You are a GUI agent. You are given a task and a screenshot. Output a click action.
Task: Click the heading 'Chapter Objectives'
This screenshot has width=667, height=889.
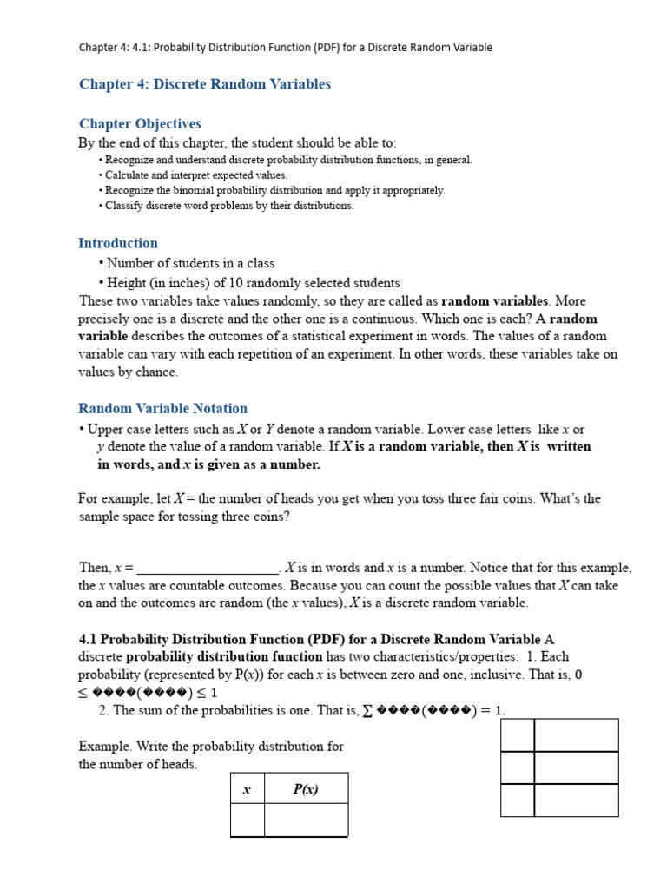pyautogui.click(x=140, y=124)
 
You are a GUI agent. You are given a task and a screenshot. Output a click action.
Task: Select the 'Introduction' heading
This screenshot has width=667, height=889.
pyautogui.click(x=118, y=243)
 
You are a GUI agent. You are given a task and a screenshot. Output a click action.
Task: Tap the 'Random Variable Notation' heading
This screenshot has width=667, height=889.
pyautogui.click(x=162, y=408)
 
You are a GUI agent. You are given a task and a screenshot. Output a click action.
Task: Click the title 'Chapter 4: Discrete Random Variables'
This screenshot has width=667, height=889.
pyautogui.click(x=204, y=84)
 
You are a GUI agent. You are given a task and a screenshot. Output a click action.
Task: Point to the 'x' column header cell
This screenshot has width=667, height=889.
pyautogui.click(x=247, y=789)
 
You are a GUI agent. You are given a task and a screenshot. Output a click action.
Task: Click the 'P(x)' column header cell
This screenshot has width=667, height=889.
pyautogui.click(x=306, y=789)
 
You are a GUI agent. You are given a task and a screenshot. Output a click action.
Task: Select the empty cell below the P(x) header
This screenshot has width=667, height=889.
pyautogui.click(x=306, y=820)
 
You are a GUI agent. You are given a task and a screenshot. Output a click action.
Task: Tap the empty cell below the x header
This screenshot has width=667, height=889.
pyautogui.click(x=247, y=820)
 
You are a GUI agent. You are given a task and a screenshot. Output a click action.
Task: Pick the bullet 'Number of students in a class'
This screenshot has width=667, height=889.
pyautogui.click(x=190, y=263)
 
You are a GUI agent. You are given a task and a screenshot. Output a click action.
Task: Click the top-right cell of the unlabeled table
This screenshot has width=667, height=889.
pyautogui.click(x=576, y=734)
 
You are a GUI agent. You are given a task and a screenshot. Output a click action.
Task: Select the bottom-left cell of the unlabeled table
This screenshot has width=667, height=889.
pyautogui.click(x=517, y=800)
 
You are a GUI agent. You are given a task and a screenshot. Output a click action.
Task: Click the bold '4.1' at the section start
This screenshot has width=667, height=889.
pyautogui.click(x=88, y=639)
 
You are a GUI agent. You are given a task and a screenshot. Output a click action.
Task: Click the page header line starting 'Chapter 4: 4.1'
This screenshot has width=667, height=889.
pyautogui.click(x=285, y=47)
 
